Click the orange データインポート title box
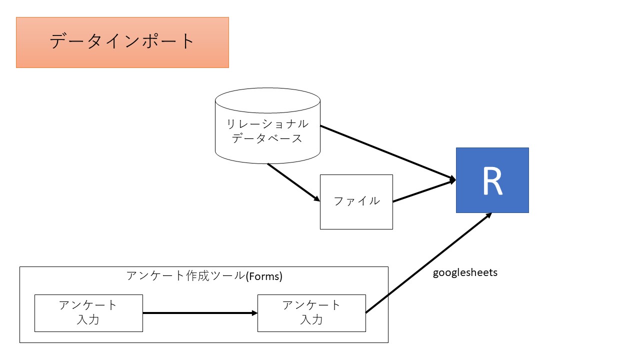pyautogui.click(x=122, y=42)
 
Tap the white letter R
pyautogui.click(x=492, y=181)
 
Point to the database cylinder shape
pyautogui.click(x=267, y=150)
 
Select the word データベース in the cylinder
pyautogui.click(x=267, y=138)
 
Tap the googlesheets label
pyautogui.click(x=465, y=273)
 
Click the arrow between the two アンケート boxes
pyautogui.click(x=200, y=313)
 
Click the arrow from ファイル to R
pyautogui.click(x=424, y=191)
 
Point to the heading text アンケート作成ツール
pyautogui.click(x=185, y=275)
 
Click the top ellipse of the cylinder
pyautogui.click(x=267, y=100)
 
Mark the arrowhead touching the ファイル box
pyautogui.click(x=317, y=199)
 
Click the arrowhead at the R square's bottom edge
pyautogui.click(x=488, y=215)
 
